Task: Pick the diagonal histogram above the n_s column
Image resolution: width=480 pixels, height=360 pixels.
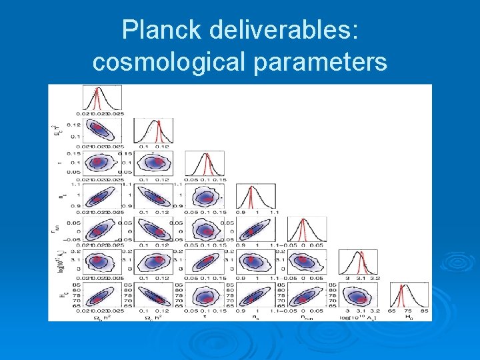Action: (255, 197)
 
